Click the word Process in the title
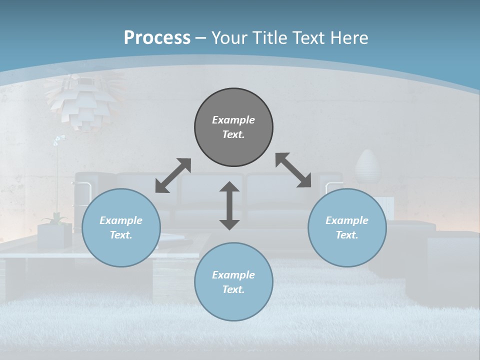157,38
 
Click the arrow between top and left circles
173,175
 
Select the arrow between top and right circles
293,170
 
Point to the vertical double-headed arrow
229,205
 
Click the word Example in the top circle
233,120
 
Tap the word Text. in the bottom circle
233,289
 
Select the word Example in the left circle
121,220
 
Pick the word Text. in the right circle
347,235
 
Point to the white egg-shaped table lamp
368,167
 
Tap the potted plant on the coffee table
54,230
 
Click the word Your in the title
228,38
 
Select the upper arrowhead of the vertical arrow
229,187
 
